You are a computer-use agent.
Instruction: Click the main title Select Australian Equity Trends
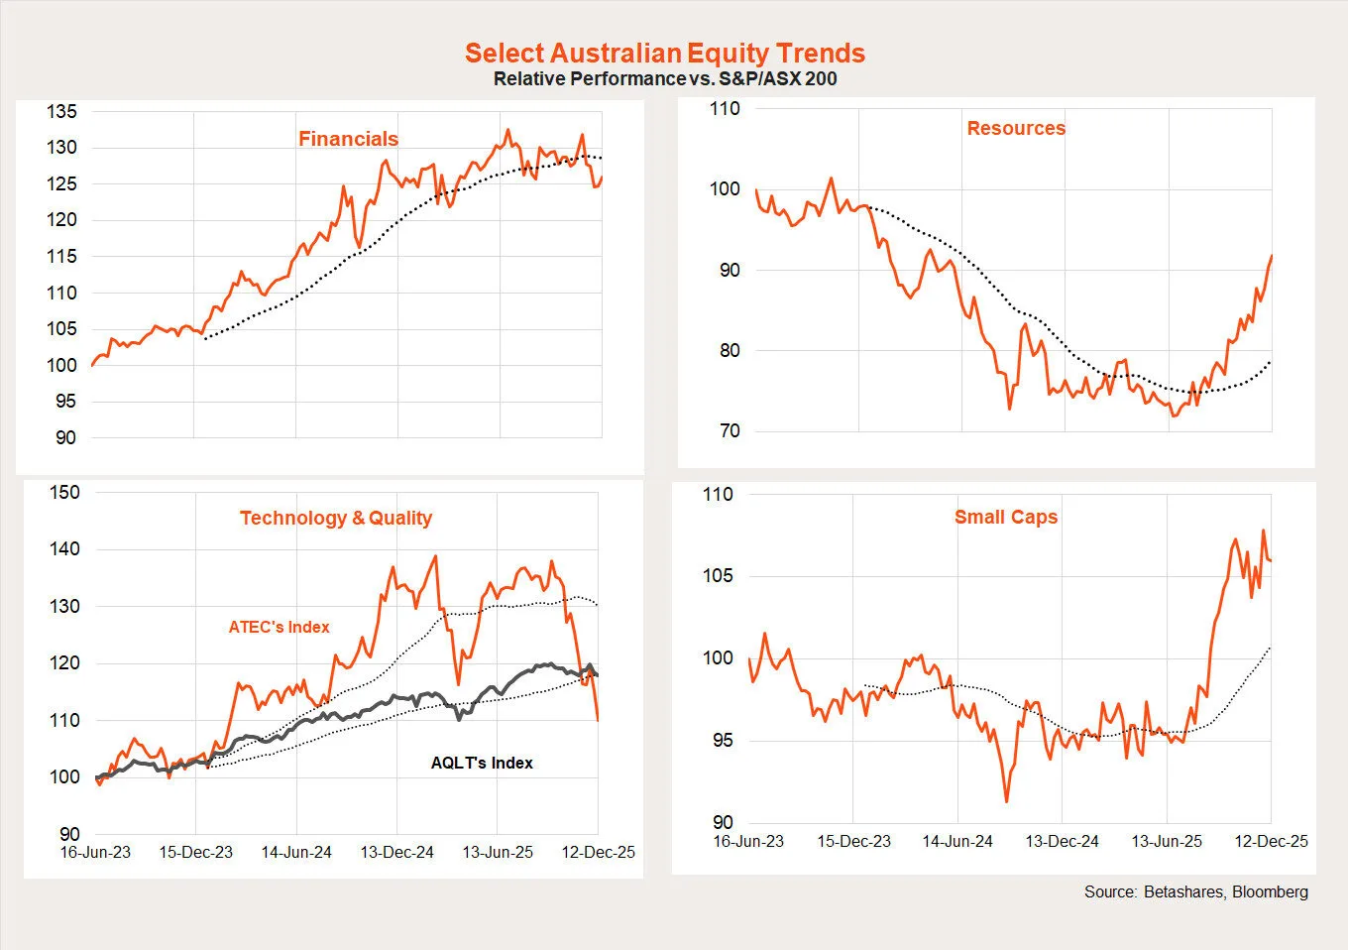664,53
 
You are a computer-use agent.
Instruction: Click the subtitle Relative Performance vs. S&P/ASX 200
664,78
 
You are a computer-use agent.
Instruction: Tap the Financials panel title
348,139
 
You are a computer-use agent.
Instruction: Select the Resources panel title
1016,128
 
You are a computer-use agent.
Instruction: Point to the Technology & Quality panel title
336,518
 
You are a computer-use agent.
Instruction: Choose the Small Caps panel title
1006,517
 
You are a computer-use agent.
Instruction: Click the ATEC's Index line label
279,627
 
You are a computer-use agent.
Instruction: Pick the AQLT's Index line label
482,763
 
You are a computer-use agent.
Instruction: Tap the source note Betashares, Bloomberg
1195,891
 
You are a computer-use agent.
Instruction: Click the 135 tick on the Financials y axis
61,111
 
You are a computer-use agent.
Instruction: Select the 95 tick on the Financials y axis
65,402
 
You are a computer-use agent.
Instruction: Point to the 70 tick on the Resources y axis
730,431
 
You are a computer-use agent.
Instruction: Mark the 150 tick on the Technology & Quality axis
64,492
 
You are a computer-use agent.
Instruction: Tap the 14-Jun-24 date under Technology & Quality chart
296,852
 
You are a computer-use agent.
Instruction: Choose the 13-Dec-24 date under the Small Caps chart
1062,841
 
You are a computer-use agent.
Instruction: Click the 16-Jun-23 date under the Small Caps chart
748,841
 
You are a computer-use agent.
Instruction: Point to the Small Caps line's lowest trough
1007,801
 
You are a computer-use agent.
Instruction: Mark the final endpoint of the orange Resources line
1272,256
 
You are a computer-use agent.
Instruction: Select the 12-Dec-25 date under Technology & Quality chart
599,852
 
